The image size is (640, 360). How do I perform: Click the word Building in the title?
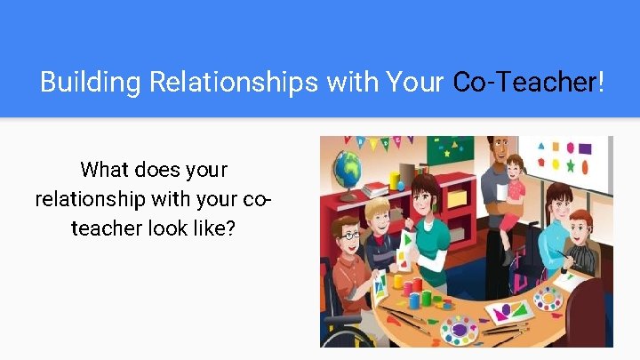[x=91, y=83]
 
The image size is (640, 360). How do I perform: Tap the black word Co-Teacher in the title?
[x=525, y=83]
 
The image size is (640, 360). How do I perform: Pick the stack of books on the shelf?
[x=377, y=188]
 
